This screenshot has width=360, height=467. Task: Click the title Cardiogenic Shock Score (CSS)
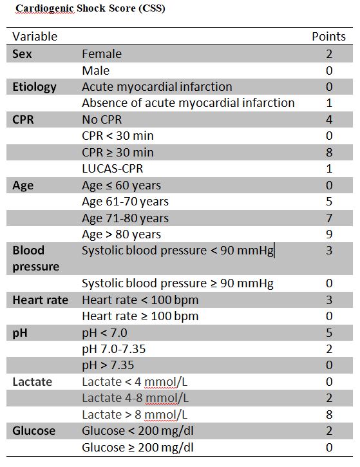(x=90, y=8)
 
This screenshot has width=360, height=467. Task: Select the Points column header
(x=328, y=36)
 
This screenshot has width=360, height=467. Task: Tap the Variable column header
(x=35, y=36)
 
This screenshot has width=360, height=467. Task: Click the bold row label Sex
(x=22, y=54)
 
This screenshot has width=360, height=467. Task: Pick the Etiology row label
(x=34, y=87)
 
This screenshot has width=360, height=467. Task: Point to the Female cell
(x=102, y=54)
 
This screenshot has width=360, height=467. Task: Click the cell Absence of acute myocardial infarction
(x=188, y=103)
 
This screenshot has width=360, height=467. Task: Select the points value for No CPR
(x=329, y=119)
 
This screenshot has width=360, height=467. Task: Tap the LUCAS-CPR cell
(x=113, y=169)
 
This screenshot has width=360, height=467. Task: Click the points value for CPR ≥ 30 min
(x=329, y=152)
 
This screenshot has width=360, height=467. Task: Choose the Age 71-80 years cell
(x=126, y=218)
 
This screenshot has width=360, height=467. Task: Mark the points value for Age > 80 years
(x=329, y=234)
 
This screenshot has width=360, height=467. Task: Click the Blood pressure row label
(x=35, y=258)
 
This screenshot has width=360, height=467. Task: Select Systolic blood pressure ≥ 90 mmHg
(x=178, y=283)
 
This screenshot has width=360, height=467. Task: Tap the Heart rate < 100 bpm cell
(x=140, y=300)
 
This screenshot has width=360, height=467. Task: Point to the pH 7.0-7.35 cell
(x=114, y=349)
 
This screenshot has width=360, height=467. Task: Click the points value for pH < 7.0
(x=329, y=332)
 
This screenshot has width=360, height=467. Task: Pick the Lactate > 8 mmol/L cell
(x=135, y=415)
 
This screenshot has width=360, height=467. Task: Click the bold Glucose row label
(x=34, y=431)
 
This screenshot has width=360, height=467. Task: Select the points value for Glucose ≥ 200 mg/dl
(x=329, y=447)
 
